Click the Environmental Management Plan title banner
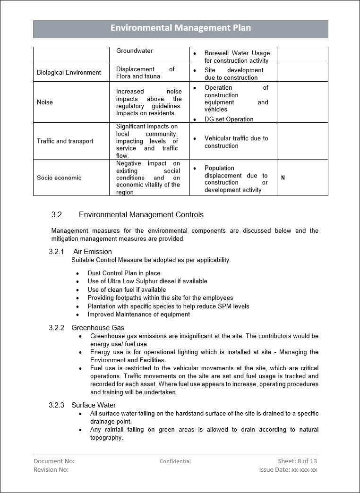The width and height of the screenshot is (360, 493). pos(180,28)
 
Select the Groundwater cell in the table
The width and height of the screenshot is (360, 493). pos(135,51)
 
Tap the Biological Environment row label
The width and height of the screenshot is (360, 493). pos(69,73)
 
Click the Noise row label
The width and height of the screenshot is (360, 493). pos(45,102)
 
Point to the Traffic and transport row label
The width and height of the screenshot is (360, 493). pos(65,141)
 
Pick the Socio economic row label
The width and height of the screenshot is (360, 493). pos(59,178)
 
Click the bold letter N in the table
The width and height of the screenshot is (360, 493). pos(283,178)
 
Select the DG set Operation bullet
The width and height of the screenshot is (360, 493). pos(229,119)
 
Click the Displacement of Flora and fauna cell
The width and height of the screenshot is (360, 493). pos(145,73)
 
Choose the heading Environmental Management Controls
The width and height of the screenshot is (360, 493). pos(141,215)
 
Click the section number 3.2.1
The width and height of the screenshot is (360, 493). pos(56,252)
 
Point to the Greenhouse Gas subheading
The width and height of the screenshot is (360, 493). pos(98,328)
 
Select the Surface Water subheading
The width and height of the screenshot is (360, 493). pos(94,405)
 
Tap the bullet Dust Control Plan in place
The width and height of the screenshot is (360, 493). pos(124,273)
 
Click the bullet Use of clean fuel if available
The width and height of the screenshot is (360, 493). pos(127,289)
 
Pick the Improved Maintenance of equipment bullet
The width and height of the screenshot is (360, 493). pos(138,314)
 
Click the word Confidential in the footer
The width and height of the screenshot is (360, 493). pos(175,461)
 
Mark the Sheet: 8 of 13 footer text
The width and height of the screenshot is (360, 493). pos(297,461)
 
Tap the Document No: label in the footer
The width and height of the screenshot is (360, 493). pos(54,461)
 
